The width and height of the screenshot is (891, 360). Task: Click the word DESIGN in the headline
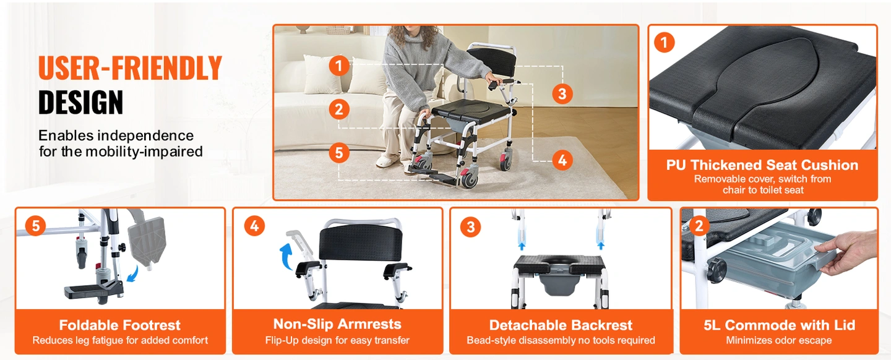[80, 102]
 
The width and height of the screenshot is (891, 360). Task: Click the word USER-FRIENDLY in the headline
[130, 67]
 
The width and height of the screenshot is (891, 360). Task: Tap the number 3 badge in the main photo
[562, 94]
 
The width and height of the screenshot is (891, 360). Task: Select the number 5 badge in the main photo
[339, 153]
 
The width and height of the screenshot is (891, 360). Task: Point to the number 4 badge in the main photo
[562, 160]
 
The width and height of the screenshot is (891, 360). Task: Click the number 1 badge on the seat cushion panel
[664, 42]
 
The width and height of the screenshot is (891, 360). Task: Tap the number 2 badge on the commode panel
[699, 226]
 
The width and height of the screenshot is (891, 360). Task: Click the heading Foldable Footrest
[120, 325]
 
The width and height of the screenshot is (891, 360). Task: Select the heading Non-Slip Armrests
[337, 324]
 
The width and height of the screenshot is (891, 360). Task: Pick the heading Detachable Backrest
[561, 325]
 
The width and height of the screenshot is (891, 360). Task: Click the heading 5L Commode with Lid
[779, 325]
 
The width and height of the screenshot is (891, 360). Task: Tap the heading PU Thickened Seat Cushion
[762, 165]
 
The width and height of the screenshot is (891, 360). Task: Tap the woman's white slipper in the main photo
[387, 160]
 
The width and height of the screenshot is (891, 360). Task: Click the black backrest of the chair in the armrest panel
[360, 242]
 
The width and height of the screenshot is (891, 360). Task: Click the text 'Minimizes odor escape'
[779, 340]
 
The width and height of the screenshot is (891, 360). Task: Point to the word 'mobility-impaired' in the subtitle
[144, 152]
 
